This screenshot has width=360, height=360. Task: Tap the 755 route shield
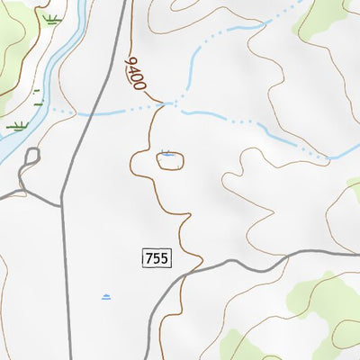coord(156,258)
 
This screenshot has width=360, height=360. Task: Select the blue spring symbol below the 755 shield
coord(106,296)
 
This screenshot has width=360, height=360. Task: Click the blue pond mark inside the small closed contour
coord(166,155)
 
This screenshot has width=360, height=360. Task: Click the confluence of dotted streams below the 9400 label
coord(168,104)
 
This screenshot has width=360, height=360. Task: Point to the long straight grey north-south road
coord(67,270)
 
